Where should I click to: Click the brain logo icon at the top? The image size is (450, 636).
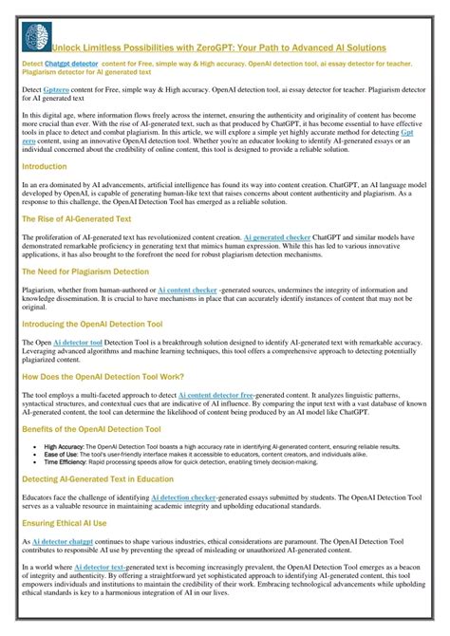tap(34, 38)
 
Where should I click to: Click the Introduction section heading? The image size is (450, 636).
tap(44, 165)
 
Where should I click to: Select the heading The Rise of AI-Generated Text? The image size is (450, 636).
tap(76, 218)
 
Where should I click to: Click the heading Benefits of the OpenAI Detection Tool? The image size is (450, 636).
tap(97, 428)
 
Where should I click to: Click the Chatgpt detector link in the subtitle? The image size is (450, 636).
tap(71, 64)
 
